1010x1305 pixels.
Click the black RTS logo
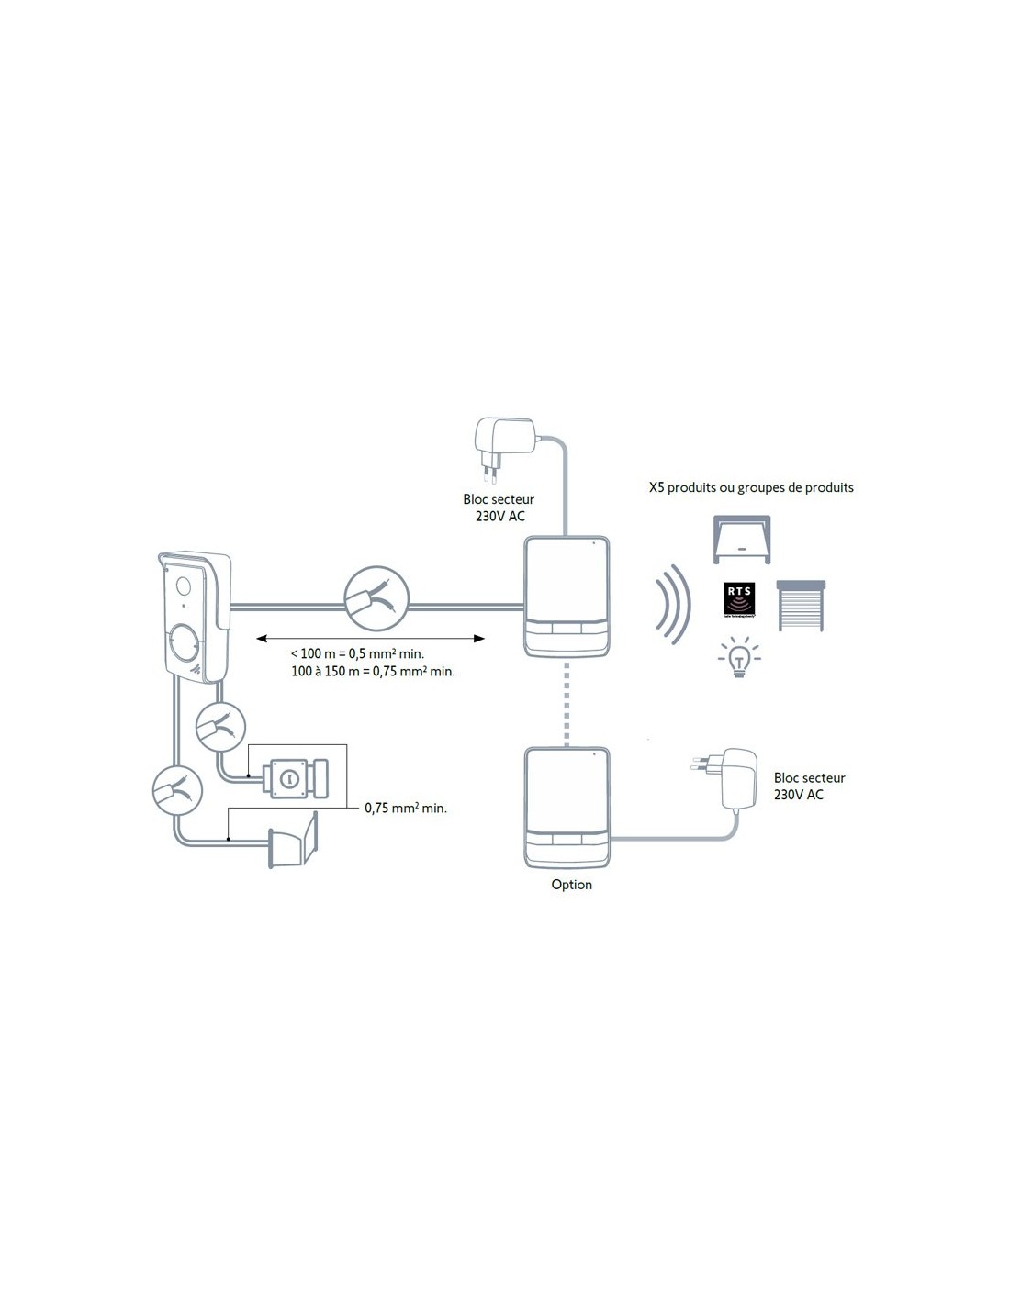[739, 602]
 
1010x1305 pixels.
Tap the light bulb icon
[738, 659]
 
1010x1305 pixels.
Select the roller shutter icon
[802, 605]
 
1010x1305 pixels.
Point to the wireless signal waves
[675, 606]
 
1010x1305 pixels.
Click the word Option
[571, 885]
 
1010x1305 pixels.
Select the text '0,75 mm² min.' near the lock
[406, 809]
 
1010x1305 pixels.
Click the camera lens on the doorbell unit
[181, 586]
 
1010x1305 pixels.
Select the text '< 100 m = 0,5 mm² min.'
[357, 653]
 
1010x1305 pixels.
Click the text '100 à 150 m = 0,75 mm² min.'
[373, 671]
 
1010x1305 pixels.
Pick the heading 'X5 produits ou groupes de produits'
[751, 487]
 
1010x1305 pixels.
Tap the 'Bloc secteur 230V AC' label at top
[499, 507]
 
